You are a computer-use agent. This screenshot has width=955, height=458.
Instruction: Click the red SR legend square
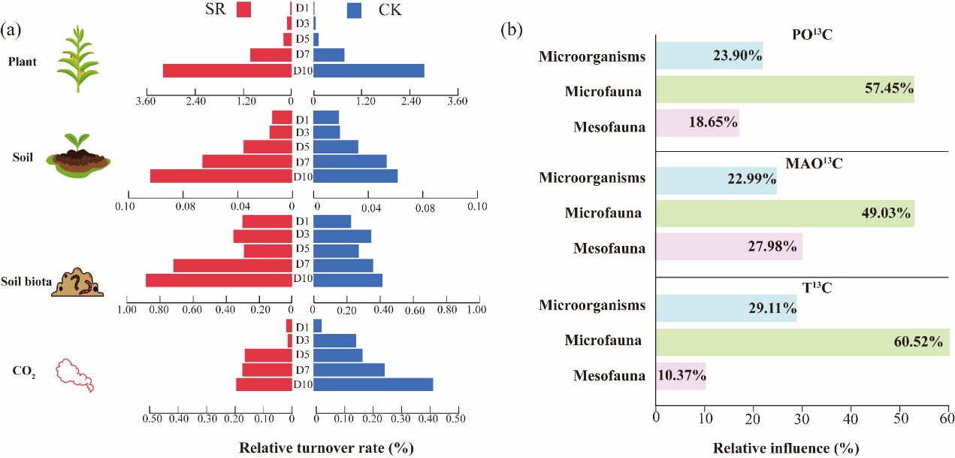click(243, 10)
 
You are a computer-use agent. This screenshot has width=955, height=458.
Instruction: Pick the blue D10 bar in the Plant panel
click(368, 71)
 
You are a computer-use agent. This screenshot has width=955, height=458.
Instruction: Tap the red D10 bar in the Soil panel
click(220, 176)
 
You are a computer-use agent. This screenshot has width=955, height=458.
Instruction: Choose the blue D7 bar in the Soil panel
click(349, 162)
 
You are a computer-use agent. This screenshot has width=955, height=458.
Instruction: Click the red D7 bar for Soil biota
click(232, 265)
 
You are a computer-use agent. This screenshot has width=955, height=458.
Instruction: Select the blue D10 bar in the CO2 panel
click(373, 384)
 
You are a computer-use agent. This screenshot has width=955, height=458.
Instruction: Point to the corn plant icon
click(78, 59)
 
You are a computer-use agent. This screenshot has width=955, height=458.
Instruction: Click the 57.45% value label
click(889, 89)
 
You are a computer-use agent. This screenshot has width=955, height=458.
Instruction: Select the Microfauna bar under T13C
click(802, 341)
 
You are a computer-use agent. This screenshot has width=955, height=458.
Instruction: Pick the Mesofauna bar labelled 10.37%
click(681, 375)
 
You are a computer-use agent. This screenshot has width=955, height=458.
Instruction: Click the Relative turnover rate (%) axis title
click(327, 448)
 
